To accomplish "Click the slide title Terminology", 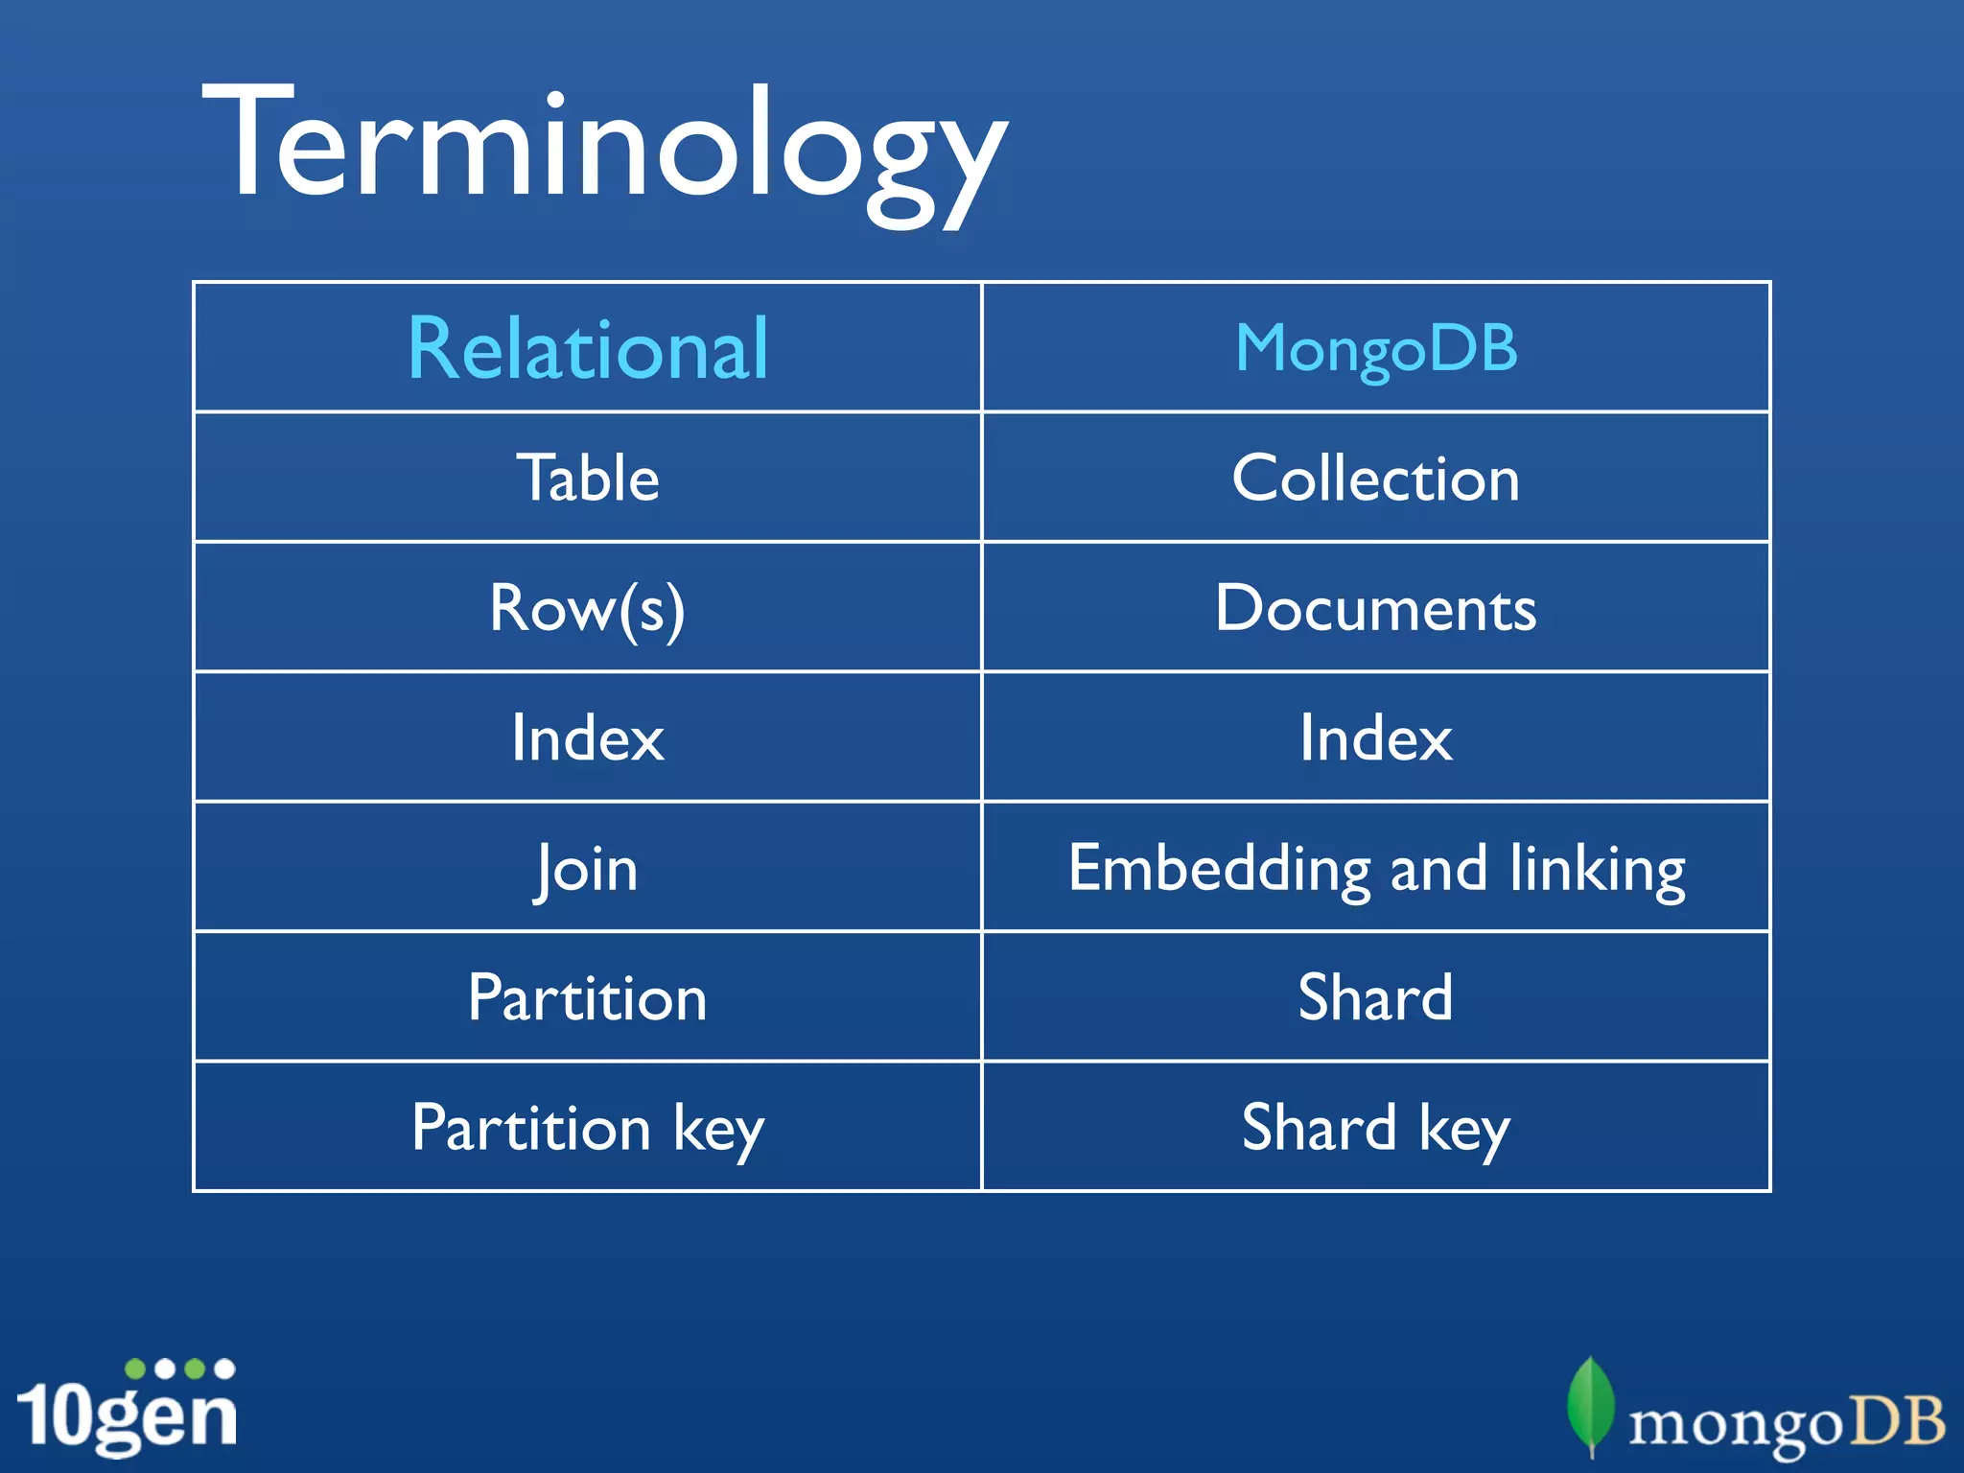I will tap(604, 144).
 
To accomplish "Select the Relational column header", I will tap(588, 349).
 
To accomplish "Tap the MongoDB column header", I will tap(1376, 349).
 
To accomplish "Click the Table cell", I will tap(588, 478).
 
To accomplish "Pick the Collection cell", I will tap(1376, 478).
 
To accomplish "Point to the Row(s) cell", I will tap(588, 608).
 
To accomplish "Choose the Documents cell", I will tap(1376, 608).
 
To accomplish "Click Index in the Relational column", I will tap(588, 738).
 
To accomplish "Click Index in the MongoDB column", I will tap(1376, 738).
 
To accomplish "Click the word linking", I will tap(1597, 869).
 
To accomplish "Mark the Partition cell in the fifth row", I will tap(588, 998).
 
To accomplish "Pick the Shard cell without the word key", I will tap(1376, 998).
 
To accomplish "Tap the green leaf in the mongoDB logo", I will tap(1591, 1405).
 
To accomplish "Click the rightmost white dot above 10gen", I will tap(224, 1368).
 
